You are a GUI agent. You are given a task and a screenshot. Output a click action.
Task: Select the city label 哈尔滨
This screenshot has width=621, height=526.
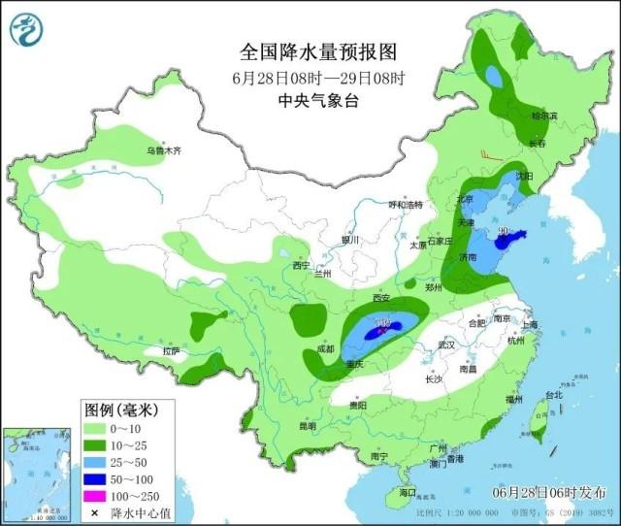click(544, 115)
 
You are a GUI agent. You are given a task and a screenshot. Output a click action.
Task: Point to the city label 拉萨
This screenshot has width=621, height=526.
click(172, 350)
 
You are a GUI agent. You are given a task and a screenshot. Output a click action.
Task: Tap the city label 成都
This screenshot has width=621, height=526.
click(326, 349)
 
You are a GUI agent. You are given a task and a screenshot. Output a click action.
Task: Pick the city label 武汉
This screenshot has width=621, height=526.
click(446, 345)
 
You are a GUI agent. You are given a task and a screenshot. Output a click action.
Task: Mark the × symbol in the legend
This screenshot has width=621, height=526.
click(95, 512)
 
